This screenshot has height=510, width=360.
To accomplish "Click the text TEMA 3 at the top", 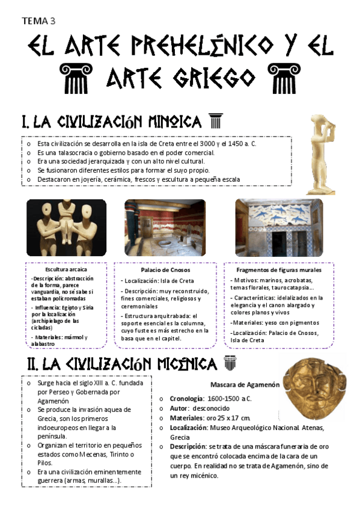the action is pos(38,21).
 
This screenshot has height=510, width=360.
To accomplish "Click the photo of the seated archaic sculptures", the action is pos(66,227).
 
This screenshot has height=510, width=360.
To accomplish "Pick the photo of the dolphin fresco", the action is pos(278,227).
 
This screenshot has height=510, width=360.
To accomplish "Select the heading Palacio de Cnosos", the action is pos(166,269).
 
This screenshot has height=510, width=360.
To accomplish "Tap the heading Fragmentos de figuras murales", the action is pos(278,270).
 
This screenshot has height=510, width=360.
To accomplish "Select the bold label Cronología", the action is pos(187,399).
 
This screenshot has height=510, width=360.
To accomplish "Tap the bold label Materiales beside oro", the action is pos(189,418).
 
